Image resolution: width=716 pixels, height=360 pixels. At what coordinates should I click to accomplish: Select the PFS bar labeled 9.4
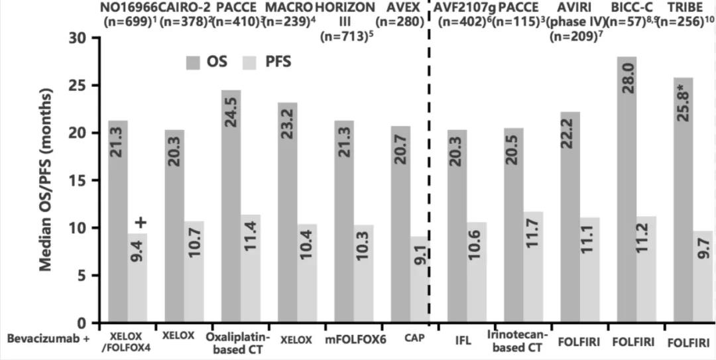point(138,278)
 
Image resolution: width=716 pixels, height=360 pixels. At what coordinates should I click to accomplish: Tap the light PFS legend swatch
point(254,63)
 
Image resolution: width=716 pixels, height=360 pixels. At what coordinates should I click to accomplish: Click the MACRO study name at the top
point(288,7)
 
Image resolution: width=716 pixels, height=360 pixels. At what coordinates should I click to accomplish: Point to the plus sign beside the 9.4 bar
point(140,222)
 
